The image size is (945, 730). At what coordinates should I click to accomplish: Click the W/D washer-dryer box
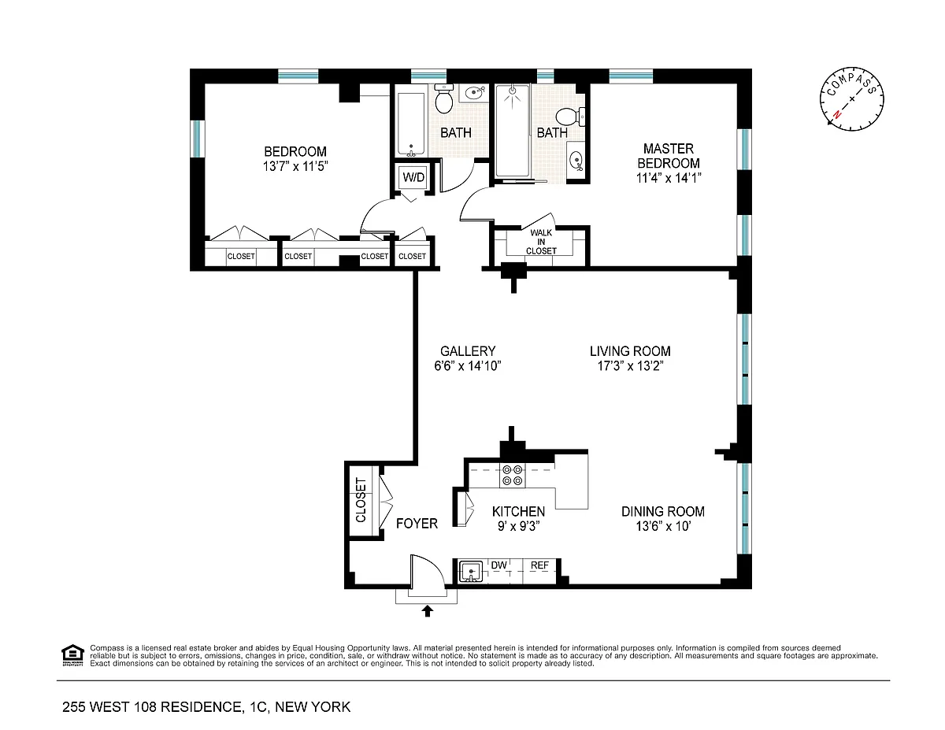[413, 177]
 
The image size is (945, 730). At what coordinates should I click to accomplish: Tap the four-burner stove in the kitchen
[513, 475]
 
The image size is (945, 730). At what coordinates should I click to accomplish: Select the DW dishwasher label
[498, 565]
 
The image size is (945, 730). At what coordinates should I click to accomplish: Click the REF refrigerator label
[539, 565]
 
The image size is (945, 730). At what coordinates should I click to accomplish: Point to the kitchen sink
[471, 571]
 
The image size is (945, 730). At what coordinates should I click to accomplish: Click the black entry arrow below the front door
[428, 611]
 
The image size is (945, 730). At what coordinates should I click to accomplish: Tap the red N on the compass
[836, 115]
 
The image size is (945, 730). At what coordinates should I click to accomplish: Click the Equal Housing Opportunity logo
[72, 654]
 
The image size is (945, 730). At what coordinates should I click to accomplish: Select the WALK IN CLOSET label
[541, 242]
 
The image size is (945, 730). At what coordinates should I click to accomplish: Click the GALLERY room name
[468, 351]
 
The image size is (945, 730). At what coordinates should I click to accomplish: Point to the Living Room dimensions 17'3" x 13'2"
[630, 365]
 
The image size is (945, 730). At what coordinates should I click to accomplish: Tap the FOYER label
[417, 524]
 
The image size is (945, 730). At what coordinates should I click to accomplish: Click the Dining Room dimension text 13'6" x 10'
[663, 526]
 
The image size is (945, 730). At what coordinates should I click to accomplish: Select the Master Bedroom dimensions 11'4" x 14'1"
[669, 178]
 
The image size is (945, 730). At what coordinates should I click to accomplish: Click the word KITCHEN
[518, 511]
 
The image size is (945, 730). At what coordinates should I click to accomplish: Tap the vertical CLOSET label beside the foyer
[361, 500]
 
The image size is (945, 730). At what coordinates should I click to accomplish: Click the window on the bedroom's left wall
[197, 139]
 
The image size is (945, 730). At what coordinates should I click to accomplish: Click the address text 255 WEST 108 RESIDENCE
[152, 707]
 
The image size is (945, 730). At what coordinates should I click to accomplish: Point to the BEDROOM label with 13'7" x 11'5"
[295, 159]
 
